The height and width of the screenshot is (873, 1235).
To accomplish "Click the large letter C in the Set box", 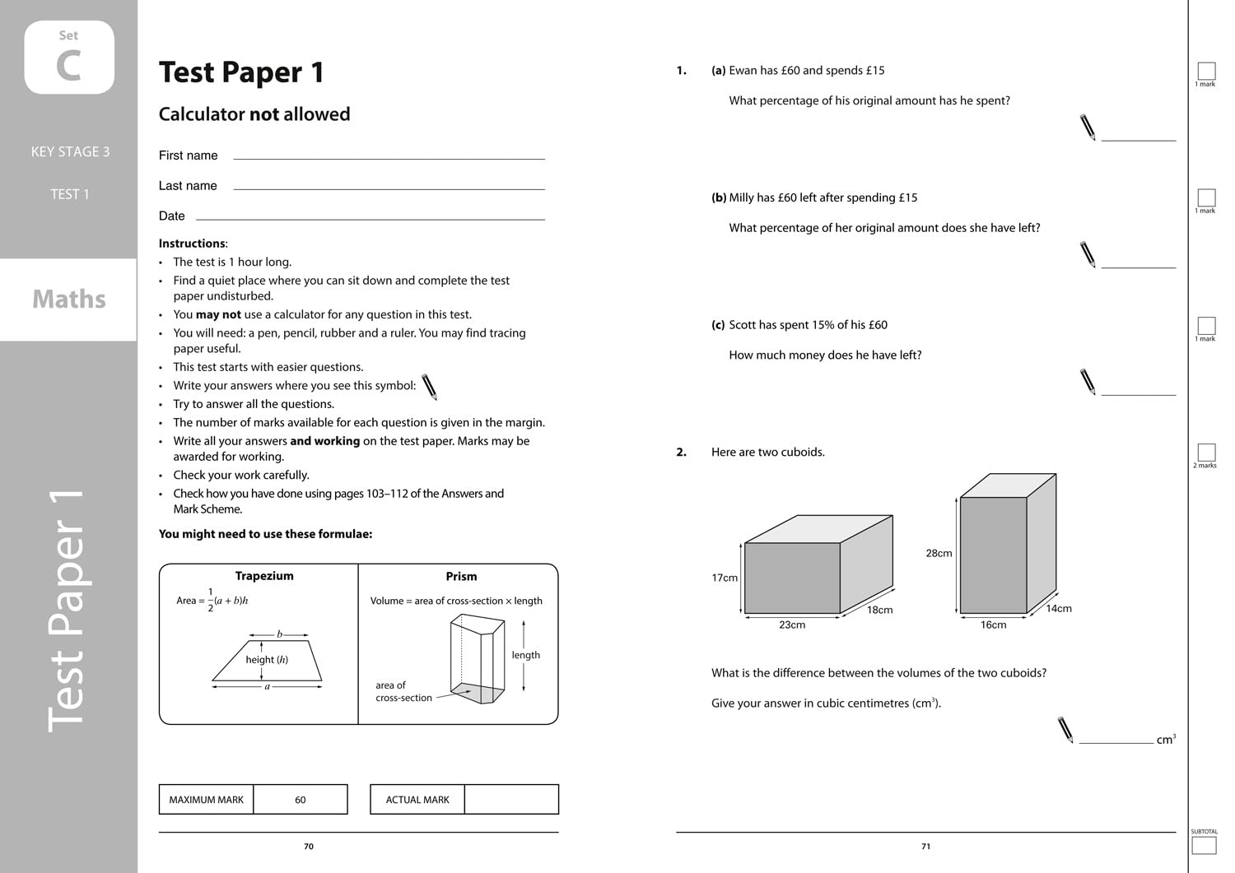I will [x=69, y=66].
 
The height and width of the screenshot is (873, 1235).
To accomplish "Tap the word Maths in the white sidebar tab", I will [x=69, y=299].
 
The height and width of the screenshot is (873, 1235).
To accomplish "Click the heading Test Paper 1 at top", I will [x=241, y=72].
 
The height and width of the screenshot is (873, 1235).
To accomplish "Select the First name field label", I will [x=188, y=156].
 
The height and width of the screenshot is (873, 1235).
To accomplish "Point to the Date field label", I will [x=171, y=216].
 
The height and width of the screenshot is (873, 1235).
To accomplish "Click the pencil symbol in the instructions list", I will [x=429, y=387].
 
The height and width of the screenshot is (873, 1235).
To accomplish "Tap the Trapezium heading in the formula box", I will [x=264, y=576].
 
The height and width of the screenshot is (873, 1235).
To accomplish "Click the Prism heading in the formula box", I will [x=461, y=577].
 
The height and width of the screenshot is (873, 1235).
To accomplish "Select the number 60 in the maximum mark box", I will [x=300, y=800].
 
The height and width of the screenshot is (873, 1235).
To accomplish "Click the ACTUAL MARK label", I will [x=417, y=800].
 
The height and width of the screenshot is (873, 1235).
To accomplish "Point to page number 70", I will [x=309, y=847].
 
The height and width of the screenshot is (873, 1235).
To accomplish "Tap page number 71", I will [x=925, y=847].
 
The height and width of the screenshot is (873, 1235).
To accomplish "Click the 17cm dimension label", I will [x=725, y=578].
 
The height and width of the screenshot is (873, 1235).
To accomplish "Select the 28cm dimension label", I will [x=939, y=553].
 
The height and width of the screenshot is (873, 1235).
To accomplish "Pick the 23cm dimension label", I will [x=792, y=625].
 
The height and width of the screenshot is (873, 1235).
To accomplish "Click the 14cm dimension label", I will [x=1059, y=609].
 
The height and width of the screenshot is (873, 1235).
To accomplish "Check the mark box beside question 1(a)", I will [x=1206, y=71].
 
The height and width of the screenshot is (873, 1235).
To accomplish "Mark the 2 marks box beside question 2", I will [x=1206, y=452].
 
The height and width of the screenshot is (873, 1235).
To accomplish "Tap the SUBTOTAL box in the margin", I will [x=1204, y=845].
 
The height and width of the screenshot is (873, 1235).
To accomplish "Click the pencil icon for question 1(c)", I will [x=1088, y=382].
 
